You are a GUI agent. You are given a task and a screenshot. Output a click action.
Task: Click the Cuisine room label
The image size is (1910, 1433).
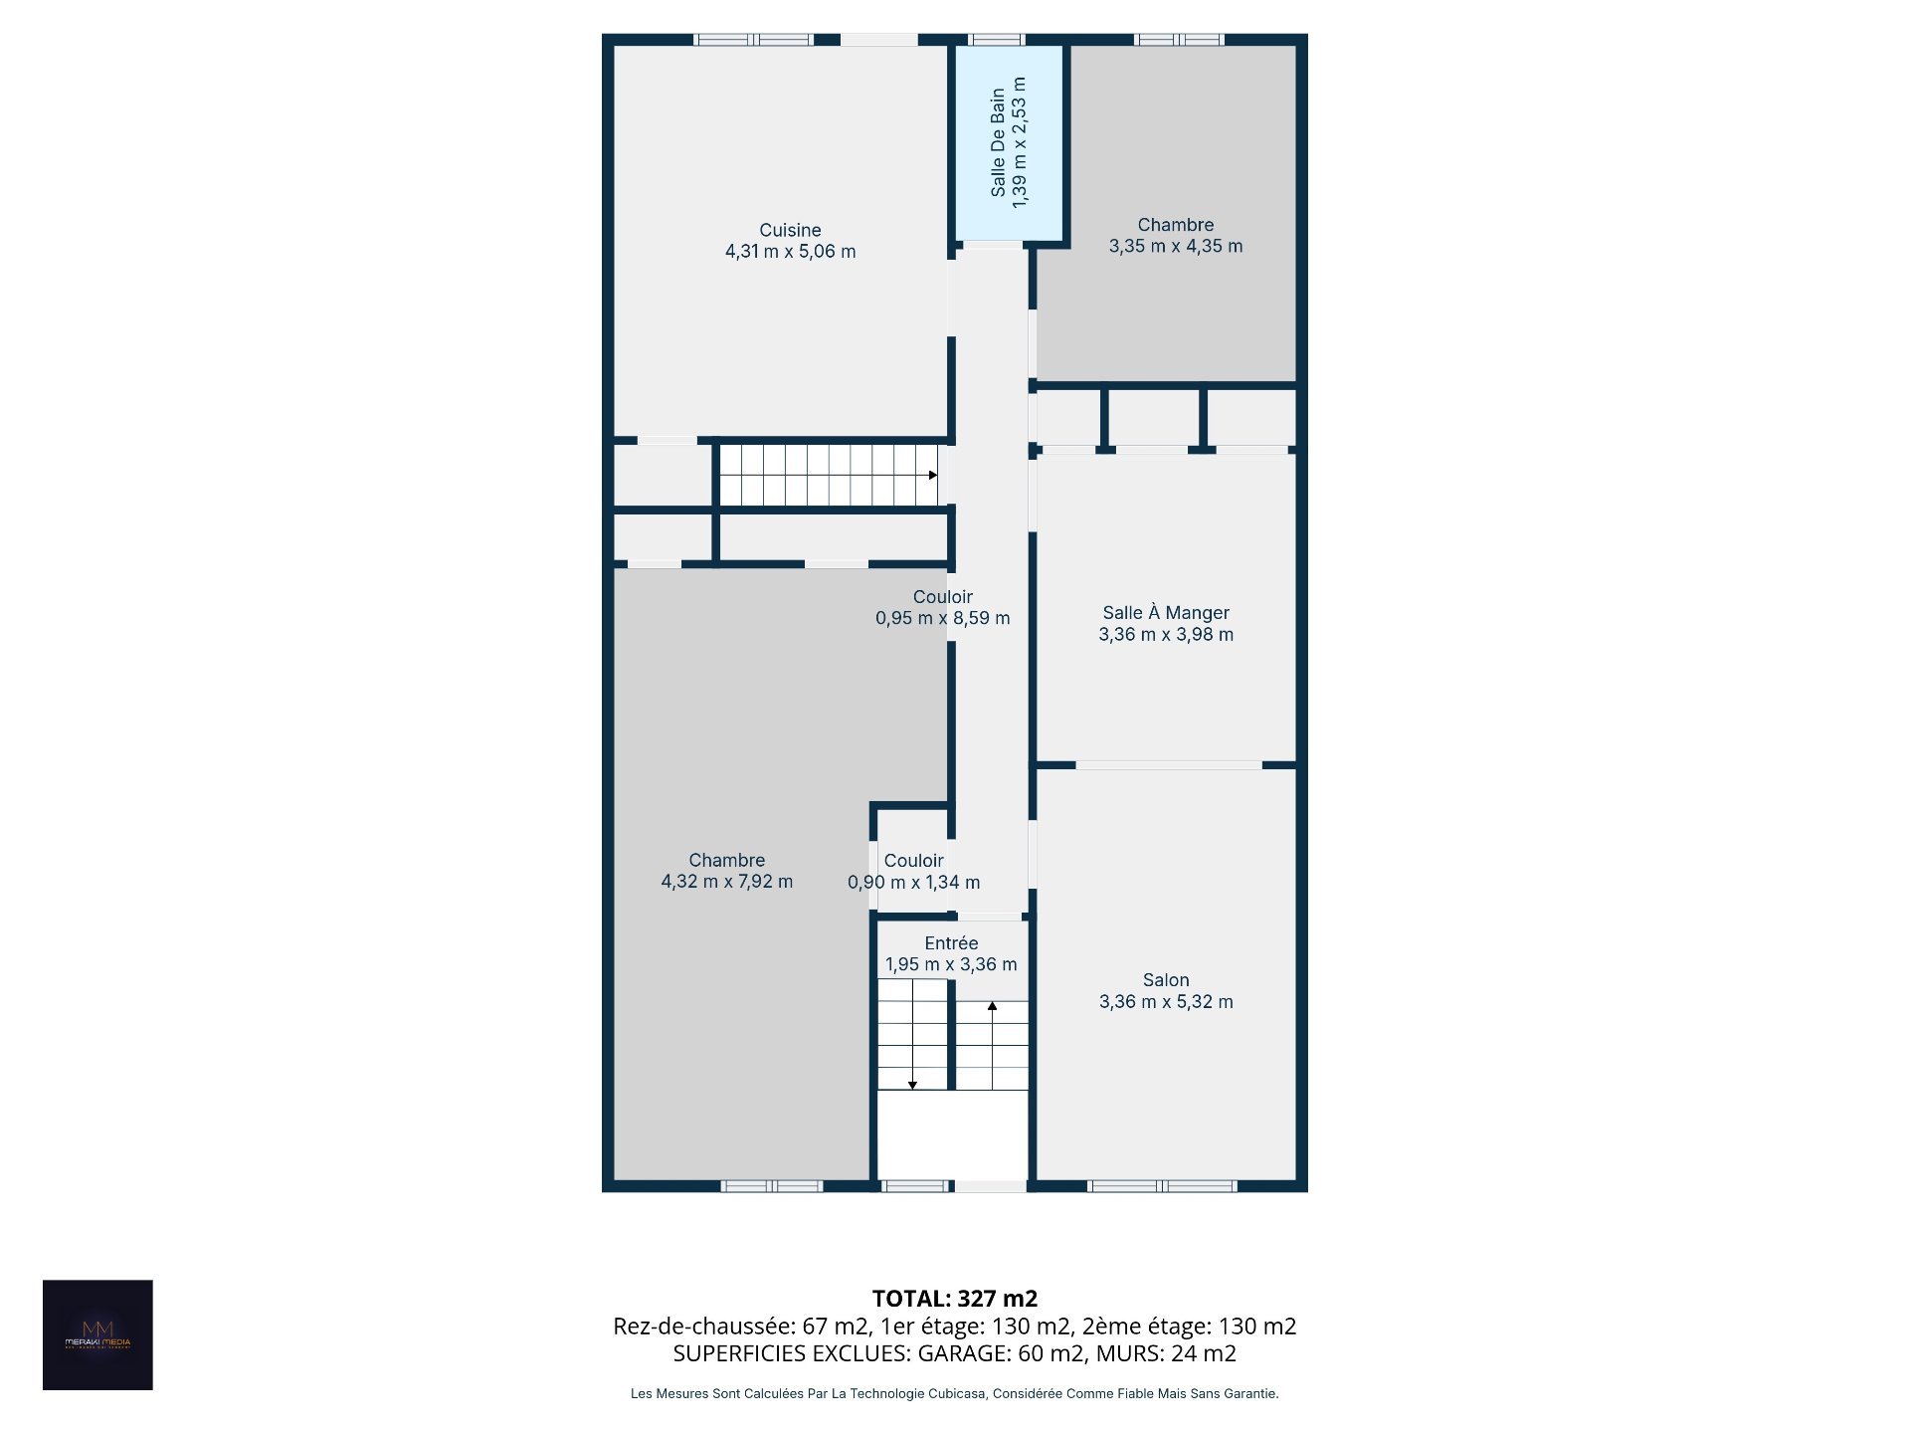(790, 230)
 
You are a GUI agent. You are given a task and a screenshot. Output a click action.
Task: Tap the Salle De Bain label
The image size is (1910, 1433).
(998, 143)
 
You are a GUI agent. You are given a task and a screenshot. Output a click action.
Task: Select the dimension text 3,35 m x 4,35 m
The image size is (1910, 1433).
(1176, 246)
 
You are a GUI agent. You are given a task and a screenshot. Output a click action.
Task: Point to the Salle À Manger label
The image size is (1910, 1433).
(1166, 613)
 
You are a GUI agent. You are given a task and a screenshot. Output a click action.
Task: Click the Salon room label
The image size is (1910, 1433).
(1166, 980)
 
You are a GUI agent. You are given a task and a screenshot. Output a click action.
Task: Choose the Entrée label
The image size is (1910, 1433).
(951, 942)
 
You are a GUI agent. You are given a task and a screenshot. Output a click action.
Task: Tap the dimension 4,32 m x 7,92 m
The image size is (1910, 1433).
(727, 882)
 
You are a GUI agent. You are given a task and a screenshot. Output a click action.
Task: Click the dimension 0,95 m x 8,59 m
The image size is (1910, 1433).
(943, 618)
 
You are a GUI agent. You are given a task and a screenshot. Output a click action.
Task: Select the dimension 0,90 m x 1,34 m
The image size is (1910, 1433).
(913, 883)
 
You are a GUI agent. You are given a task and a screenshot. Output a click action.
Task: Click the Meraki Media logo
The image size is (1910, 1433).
(97, 1334)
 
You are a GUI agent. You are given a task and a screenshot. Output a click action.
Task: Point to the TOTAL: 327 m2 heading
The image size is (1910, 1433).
(955, 1299)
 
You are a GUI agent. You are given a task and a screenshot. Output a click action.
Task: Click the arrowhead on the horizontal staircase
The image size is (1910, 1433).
(933, 475)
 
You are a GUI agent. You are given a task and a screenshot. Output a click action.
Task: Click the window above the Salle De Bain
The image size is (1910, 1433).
(996, 40)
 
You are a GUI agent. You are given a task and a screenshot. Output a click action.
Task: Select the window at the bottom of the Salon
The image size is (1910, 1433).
(1162, 1186)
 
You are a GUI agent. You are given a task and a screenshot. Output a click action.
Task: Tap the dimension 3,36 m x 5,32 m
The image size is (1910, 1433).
(1166, 1002)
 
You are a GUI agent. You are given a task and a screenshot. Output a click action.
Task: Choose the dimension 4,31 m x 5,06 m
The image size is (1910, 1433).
(790, 252)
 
